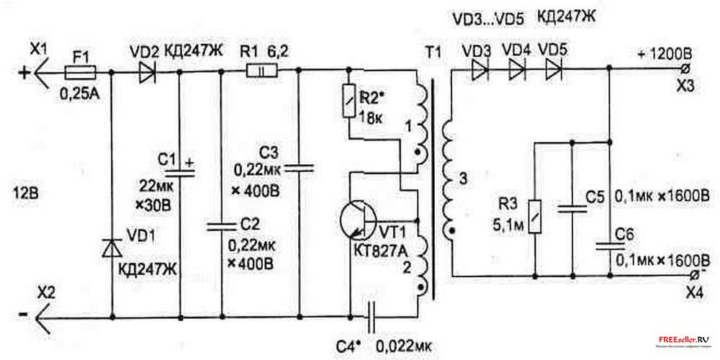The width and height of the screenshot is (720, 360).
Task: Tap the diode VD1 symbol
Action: point(112,248)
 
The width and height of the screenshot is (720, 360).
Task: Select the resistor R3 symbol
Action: point(534,217)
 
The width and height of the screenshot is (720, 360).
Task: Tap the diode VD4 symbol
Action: point(516,71)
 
